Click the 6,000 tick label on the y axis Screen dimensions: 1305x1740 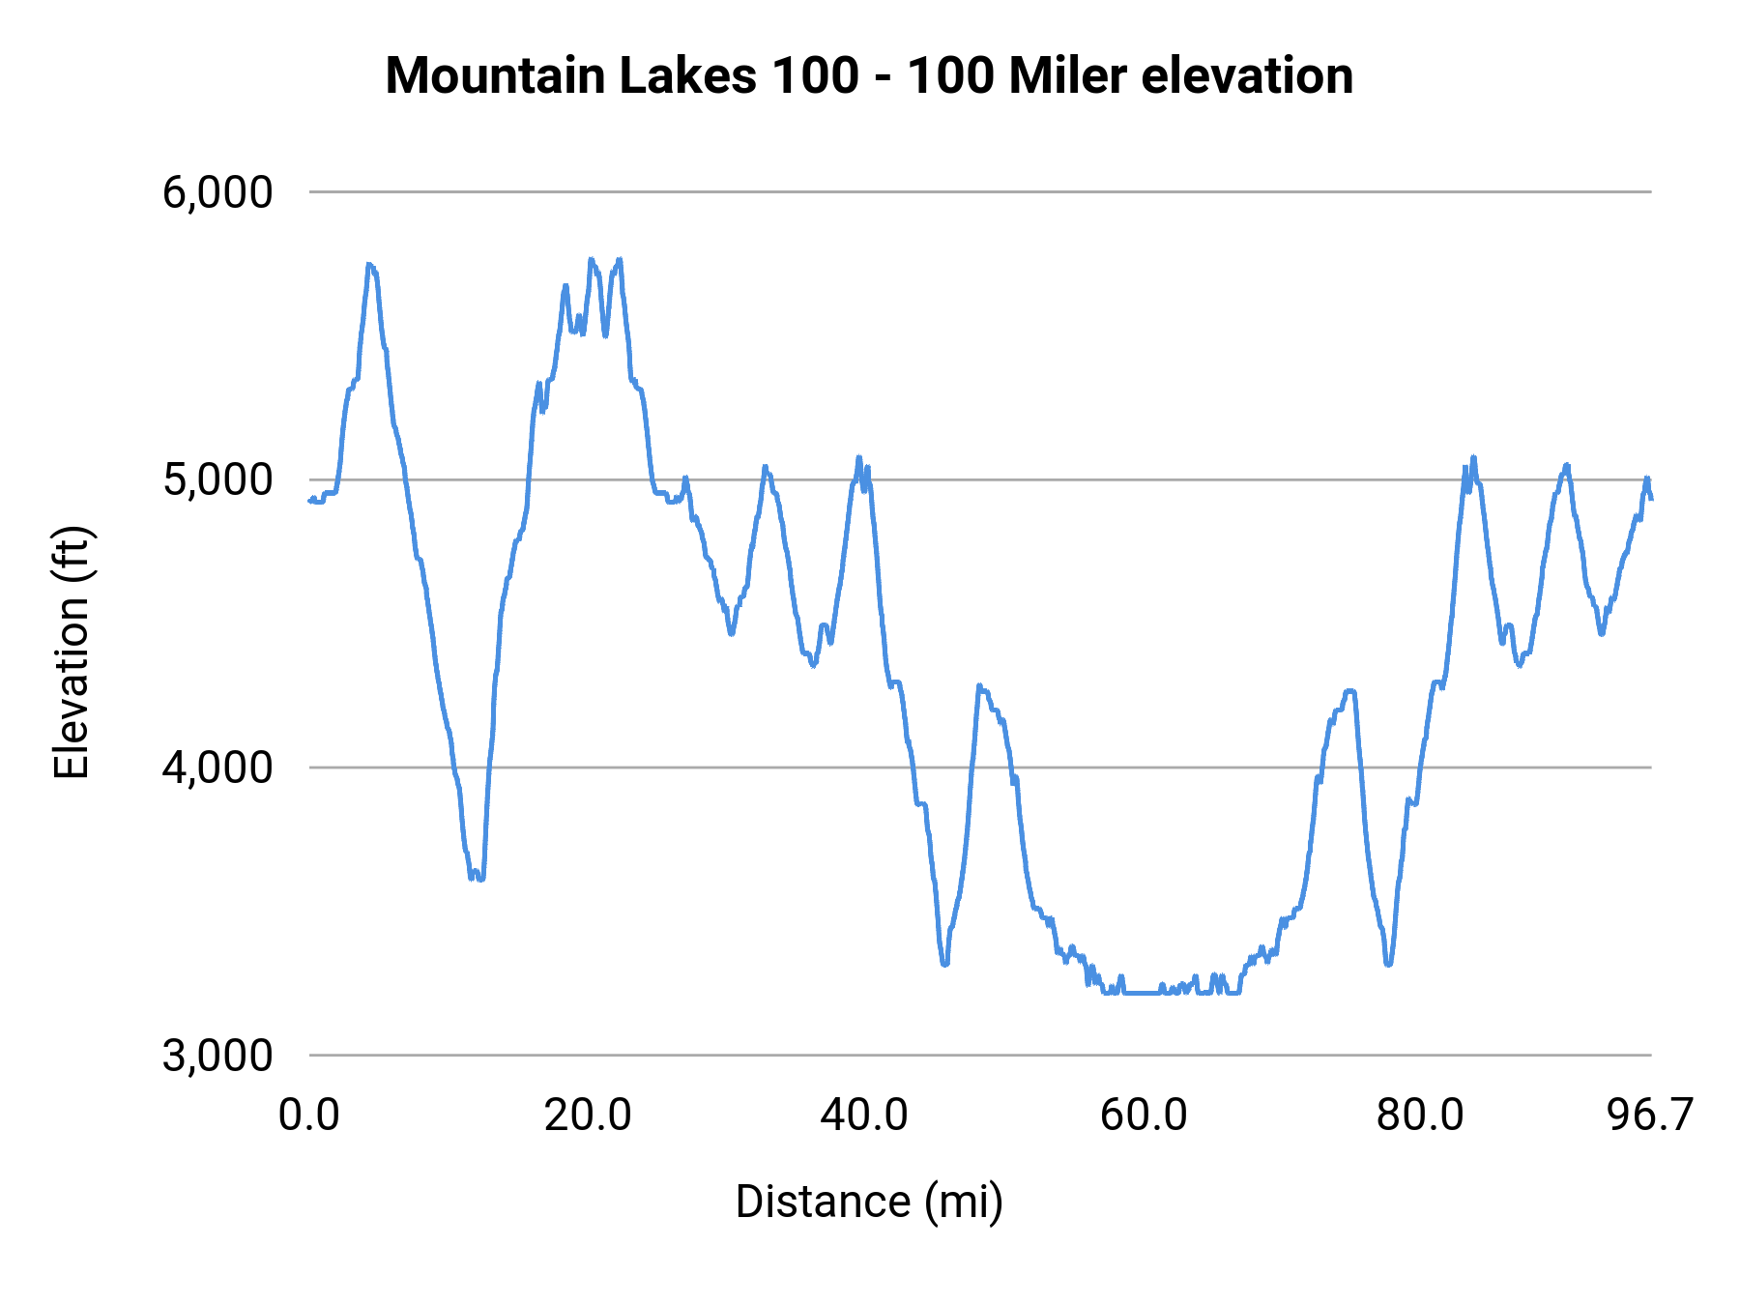217,192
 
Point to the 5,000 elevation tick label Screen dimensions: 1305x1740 217,479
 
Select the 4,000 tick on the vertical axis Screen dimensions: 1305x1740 217,768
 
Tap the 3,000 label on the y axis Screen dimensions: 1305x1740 217,1055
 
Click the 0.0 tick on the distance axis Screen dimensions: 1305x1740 309,1115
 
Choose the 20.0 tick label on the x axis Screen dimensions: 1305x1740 588,1115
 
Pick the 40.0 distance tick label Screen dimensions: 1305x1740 864,1115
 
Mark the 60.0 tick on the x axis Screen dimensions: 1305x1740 1144,1115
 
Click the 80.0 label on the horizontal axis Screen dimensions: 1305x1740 1420,1115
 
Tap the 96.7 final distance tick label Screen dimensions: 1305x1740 1650,1115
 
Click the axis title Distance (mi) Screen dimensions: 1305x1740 869,1202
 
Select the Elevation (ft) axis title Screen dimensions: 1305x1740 72,652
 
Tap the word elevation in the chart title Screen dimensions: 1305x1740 1247,75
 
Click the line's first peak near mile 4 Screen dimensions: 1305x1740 369,264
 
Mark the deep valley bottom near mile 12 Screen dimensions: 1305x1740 478,878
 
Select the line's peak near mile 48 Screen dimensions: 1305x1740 980,685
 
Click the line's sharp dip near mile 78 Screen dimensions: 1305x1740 1388,964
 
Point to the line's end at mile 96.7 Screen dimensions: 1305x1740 1651,498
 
